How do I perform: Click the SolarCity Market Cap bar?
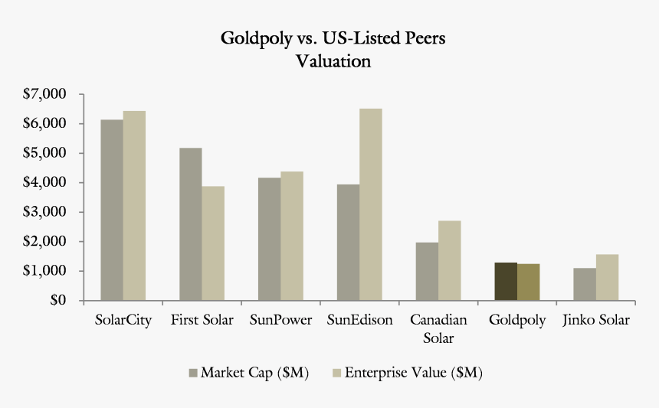coord(112,210)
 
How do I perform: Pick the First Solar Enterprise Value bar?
coord(213,243)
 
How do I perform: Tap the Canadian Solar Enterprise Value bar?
coord(449,260)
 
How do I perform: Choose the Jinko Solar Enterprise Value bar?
coord(607,277)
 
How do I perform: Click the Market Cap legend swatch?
coord(192,373)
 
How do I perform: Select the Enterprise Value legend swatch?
coord(336,373)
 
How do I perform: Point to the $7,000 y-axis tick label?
coord(45,94)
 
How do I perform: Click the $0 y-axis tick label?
coord(57,300)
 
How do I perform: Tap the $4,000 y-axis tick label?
coord(45,182)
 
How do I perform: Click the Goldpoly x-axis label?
coord(517,320)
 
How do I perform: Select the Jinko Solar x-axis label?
coord(596,320)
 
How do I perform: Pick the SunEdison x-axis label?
coord(359,320)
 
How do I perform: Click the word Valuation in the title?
coord(333,61)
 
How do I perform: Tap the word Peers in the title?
coord(419,38)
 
